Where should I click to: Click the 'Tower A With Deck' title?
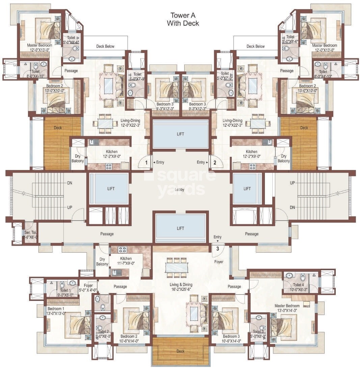click(x=183, y=19)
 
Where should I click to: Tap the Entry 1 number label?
click(x=146, y=163)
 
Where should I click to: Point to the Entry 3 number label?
click(x=218, y=249)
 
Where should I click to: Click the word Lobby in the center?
click(x=179, y=190)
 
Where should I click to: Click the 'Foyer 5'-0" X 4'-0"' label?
click(x=88, y=288)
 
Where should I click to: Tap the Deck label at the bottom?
click(x=181, y=351)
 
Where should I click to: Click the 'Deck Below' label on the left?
click(x=105, y=47)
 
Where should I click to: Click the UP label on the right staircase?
click(x=293, y=182)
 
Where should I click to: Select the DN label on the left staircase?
click(x=70, y=183)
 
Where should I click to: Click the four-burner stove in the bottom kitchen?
click(x=122, y=250)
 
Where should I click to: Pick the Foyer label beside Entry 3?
click(x=219, y=262)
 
